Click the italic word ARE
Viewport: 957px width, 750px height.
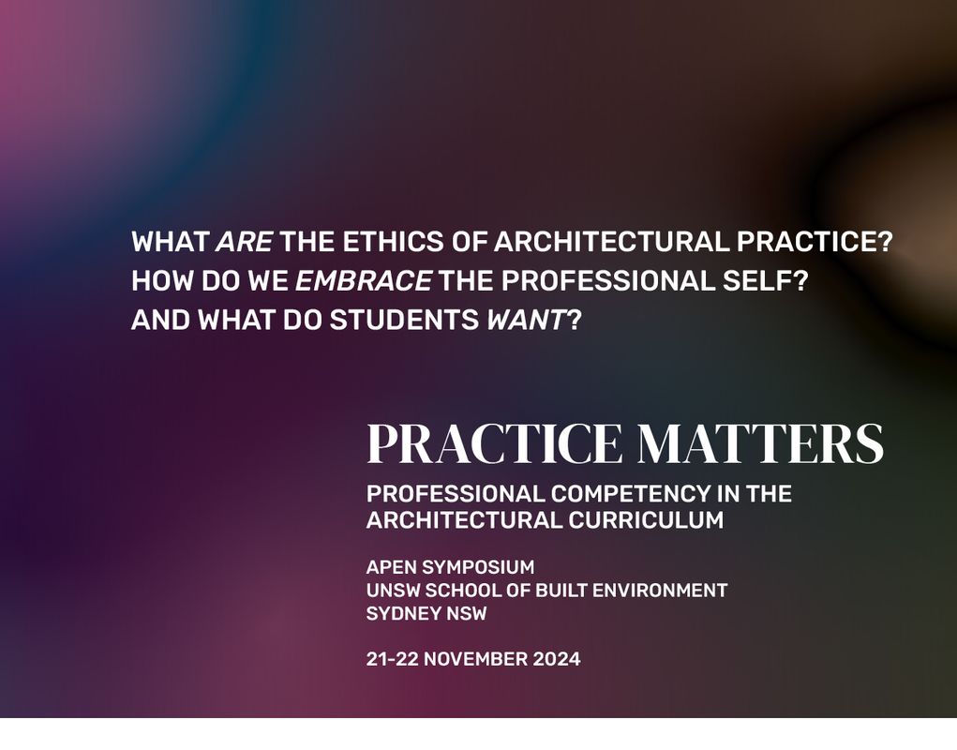pyautogui.click(x=244, y=242)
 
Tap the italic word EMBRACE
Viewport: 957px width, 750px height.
pyautogui.click(x=364, y=281)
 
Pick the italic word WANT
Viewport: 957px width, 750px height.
pyautogui.click(x=526, y=321)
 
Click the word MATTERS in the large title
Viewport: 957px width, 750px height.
pyautogui.click(x=759, y=444)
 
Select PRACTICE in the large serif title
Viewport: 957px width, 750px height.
pyautogui.click(x=493, y=444)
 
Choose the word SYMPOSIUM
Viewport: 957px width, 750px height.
pyautogui.click(x=478, y=567)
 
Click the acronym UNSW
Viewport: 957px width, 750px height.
pyautogui.click(x=393, y=591)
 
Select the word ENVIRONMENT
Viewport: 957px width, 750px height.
pyautogui.click(x=660, y=591)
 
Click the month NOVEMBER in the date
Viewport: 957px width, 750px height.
pyautogui.click(x=475, y=659)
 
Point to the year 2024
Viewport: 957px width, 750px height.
pyautogui.click(x=557, y=659)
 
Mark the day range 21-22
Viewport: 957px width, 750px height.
pyautogui.click(x=392, y=659)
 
